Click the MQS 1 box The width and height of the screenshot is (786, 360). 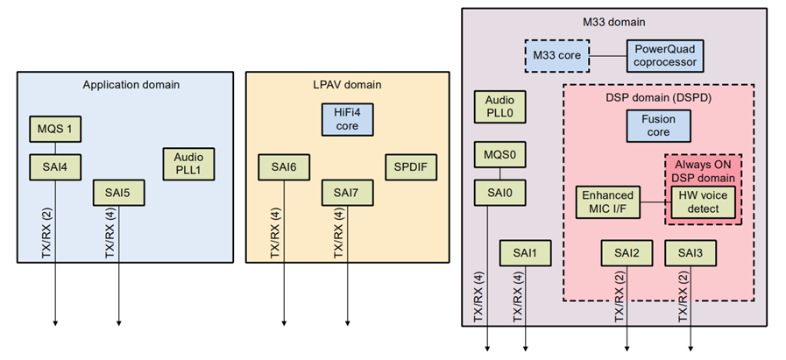pos(56,131)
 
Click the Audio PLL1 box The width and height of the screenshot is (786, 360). pos(188,163)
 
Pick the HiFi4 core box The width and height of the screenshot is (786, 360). pos(347,119)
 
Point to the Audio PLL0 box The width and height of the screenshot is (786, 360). pos(499,107)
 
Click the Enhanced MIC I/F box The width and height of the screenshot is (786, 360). pos(607,202)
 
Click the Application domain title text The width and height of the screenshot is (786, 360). pos(131,85)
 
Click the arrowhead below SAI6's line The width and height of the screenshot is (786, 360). pos(284,322)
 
